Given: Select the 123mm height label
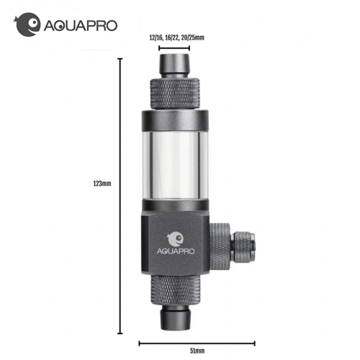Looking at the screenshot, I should point(103,184).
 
